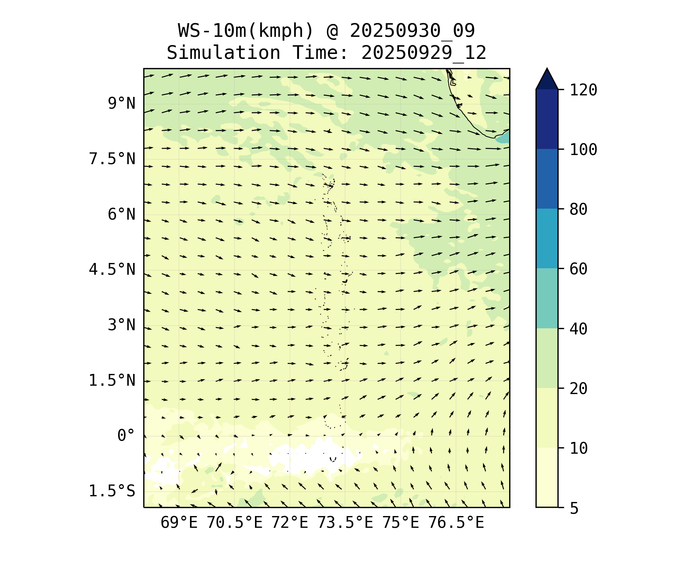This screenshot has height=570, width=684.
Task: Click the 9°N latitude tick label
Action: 121,103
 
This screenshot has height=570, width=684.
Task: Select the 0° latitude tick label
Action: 126,435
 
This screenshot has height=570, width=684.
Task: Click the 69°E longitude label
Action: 179,523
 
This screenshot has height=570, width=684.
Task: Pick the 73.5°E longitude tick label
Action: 345,523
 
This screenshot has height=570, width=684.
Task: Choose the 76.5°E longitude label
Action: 456,523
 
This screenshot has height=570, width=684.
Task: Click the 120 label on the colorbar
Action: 583,90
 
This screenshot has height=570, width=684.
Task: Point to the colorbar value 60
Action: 578,269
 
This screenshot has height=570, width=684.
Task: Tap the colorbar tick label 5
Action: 574,508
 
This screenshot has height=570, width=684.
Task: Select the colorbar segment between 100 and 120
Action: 547,119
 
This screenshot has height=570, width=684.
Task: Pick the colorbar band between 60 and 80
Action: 547,239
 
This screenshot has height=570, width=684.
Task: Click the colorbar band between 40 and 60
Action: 547,298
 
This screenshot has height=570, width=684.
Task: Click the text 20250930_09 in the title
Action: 412,31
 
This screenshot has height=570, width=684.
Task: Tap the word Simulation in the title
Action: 223,53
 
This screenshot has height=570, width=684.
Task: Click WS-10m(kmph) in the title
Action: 246,31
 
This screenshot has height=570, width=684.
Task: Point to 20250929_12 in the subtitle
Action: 423,53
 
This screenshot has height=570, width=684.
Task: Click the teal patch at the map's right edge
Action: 504,137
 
